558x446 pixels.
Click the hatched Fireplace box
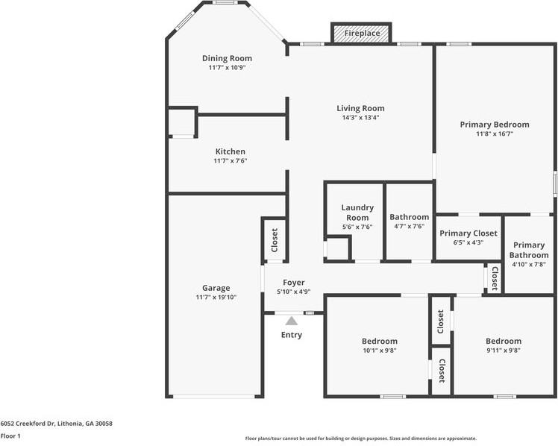361,33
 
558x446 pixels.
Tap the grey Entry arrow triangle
292,321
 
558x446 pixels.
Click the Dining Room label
227,58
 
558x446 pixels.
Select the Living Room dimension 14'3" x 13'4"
360,118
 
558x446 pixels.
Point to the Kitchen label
231,151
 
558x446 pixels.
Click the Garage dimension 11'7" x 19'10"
216,298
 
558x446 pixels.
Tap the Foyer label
294,283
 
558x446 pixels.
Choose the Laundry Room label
357,213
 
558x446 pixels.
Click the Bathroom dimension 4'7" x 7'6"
410,226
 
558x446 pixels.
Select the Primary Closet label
468,233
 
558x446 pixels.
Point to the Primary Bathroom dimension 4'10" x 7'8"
529,264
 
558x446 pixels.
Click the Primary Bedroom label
495,125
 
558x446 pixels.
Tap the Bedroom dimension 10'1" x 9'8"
380,351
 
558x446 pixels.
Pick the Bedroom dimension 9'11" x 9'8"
504,351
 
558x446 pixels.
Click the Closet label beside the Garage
275,240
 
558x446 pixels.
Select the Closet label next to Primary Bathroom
495,278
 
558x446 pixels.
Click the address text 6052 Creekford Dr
27,424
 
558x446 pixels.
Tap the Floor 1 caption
10,436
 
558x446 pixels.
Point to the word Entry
292,335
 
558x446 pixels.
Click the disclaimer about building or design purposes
361,439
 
